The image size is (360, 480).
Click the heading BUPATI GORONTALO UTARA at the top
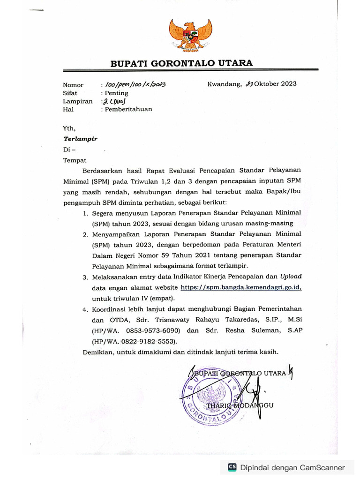coord(181,63)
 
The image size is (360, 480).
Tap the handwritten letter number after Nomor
coord(136,85)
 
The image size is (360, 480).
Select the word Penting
coord(117,93)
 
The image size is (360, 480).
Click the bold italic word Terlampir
coord(80,139)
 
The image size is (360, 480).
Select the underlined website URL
coord(240,287)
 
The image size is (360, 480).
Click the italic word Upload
coord(291,277)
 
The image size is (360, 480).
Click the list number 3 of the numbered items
coord(85,277)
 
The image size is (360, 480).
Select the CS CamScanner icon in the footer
coord(232,467)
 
